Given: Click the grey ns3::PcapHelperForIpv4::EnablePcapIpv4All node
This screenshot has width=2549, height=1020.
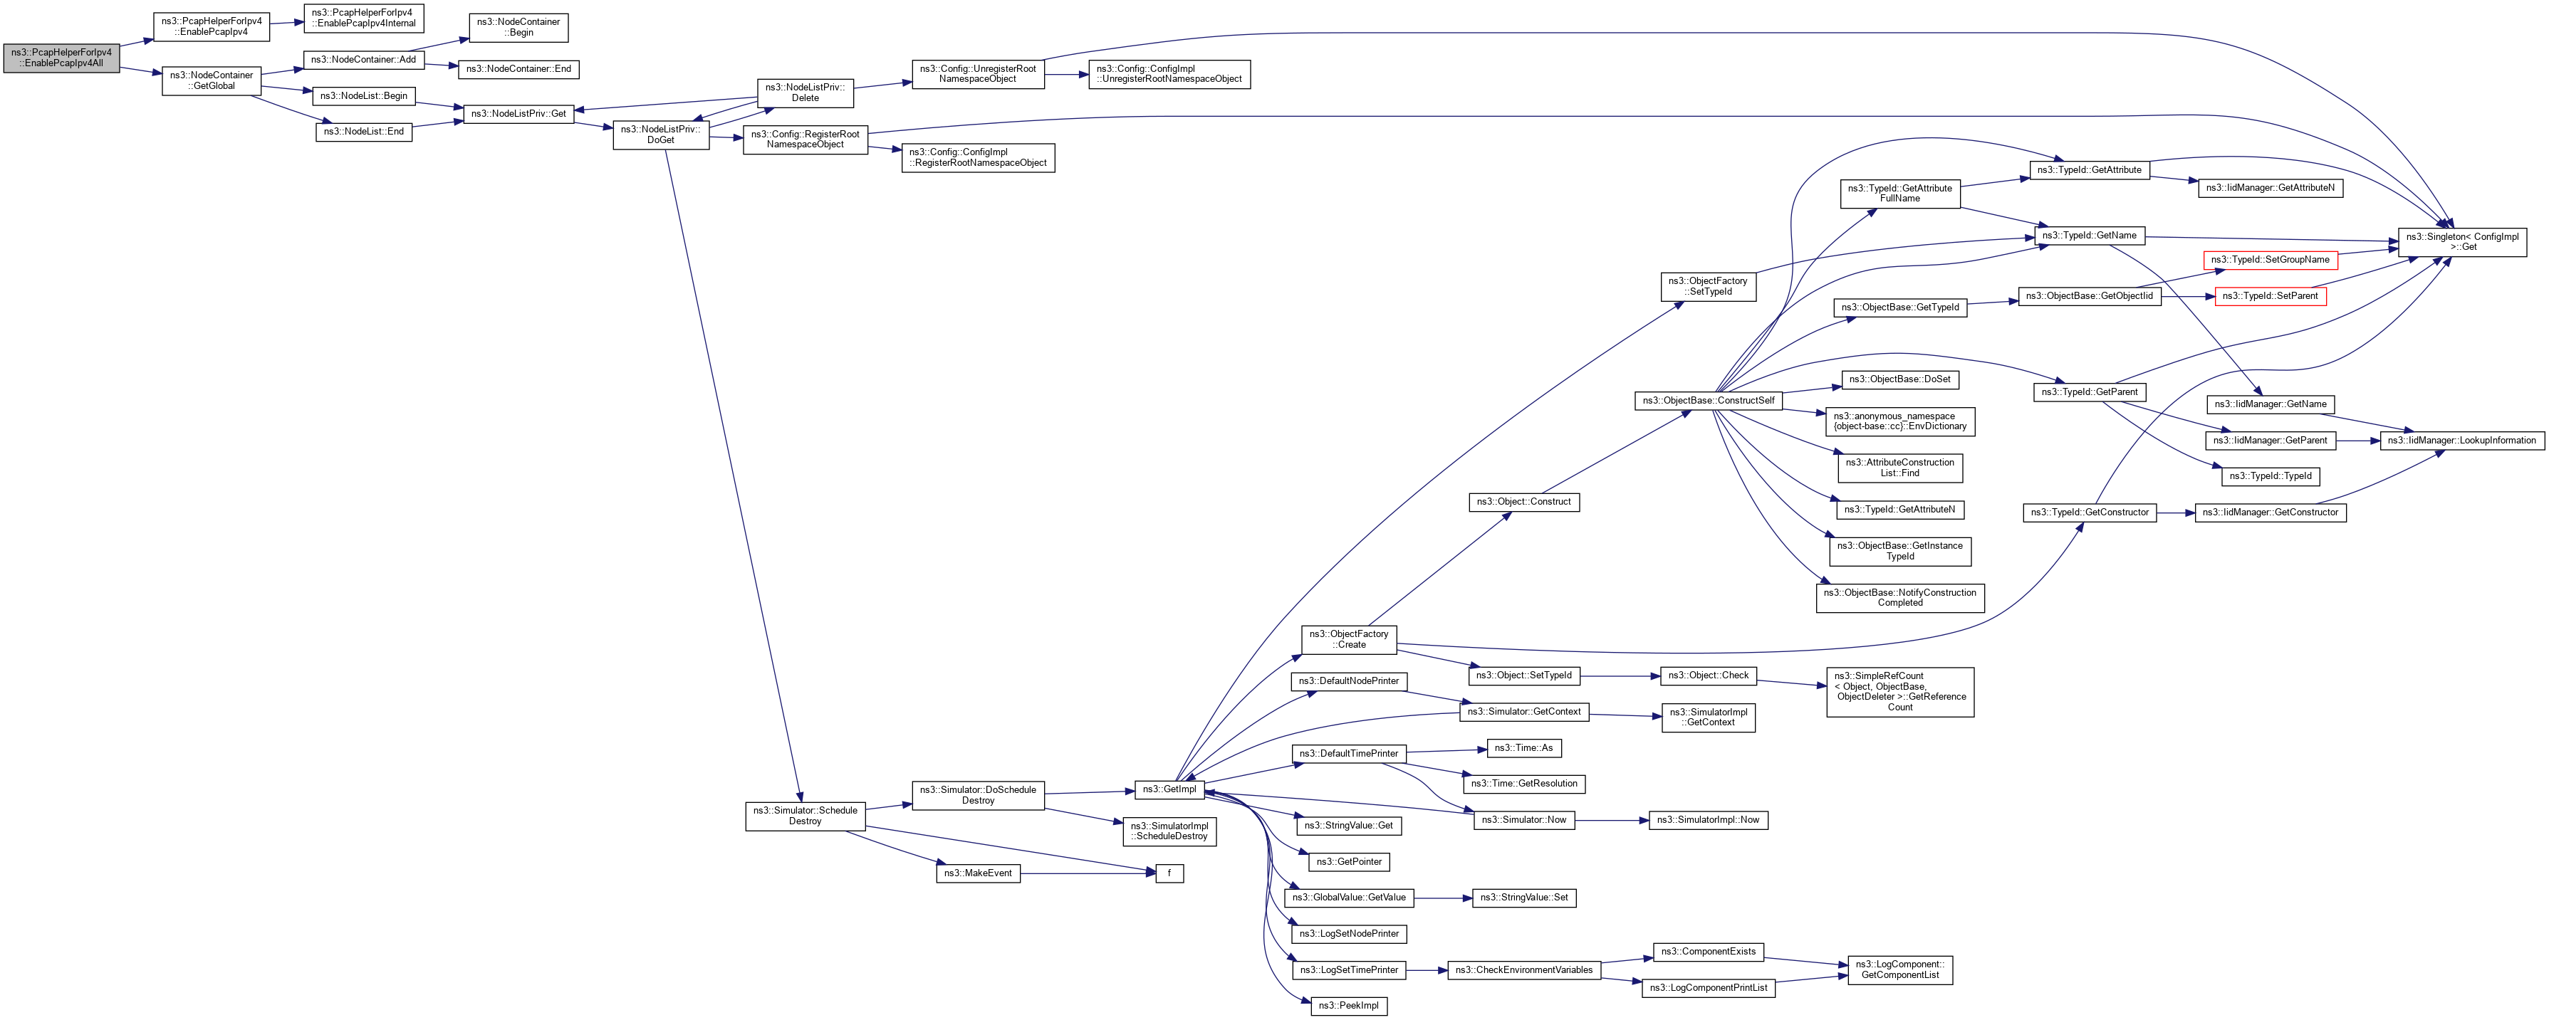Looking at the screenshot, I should [x=61, y=58].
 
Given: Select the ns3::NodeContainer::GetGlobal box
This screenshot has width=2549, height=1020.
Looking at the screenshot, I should [x=211, y=80].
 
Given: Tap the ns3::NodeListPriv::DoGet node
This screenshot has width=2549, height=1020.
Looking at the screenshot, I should [x=660, y=135].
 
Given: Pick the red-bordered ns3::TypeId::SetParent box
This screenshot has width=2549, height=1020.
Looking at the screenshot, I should [x=2269, y=296].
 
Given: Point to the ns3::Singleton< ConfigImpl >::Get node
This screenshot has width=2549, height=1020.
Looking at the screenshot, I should [x=2461, y=241].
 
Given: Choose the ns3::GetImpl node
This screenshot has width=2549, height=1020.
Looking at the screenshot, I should [x=1169, y=789].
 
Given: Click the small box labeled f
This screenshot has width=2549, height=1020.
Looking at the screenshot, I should [x=1169, y=873].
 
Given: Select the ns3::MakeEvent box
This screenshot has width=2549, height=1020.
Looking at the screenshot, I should [x=978, y=873].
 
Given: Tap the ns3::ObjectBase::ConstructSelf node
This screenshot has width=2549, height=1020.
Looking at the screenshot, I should [x=1708, y=401].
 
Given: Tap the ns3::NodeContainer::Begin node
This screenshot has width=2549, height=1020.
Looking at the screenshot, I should [x=518, y=27].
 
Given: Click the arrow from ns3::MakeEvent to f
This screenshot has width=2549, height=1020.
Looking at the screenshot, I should [x=1088, y=873].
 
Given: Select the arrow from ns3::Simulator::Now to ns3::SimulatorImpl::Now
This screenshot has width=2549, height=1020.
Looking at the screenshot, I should [x=1611, y=820].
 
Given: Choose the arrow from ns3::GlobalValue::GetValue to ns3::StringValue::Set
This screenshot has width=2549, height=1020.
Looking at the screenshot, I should [x=1443, y=898].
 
